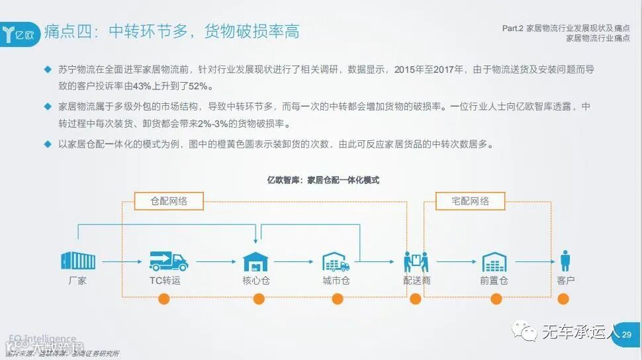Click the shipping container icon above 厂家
77,261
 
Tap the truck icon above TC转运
168,261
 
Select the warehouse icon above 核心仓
255,261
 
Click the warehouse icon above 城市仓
336,261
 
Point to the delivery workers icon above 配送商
416,262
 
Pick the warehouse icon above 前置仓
494,261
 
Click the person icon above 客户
565,261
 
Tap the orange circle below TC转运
165,298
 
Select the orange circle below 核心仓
255,298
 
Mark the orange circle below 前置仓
496,298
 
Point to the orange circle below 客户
563,298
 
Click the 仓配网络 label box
169,201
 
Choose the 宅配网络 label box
470,201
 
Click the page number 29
627,335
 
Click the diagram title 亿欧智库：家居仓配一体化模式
322,179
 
